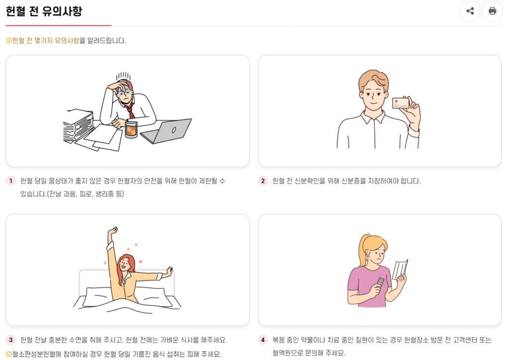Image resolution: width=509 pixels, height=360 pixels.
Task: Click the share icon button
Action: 470,11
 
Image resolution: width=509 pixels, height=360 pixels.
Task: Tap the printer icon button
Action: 493,11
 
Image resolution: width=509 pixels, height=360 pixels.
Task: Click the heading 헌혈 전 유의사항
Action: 44,11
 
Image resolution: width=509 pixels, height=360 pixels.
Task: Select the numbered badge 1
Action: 11,181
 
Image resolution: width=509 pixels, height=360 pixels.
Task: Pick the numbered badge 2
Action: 262,181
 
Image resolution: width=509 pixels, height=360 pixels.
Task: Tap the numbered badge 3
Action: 11,340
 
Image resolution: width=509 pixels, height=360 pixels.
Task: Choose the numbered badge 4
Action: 262,340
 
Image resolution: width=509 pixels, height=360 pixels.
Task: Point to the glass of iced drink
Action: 131,129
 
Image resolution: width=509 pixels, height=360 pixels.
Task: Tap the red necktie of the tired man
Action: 130,110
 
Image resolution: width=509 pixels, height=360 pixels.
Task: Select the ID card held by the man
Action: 401,103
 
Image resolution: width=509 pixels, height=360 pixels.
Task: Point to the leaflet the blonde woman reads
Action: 400,270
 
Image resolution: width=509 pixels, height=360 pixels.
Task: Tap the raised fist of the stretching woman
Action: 113,231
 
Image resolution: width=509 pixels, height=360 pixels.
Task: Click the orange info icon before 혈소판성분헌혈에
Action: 9,354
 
